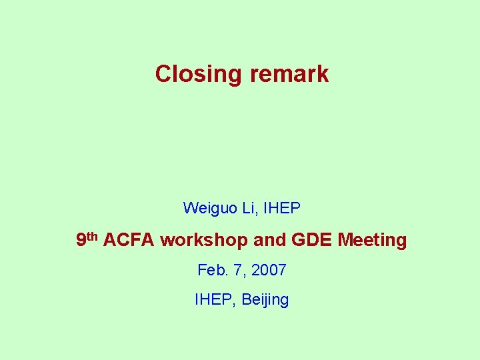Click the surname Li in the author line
249,208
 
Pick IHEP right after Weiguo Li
282,208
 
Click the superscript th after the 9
93,236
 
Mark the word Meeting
372,240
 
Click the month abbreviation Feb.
212,270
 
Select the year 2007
269,270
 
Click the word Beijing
265,300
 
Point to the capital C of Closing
162,74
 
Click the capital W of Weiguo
190,208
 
